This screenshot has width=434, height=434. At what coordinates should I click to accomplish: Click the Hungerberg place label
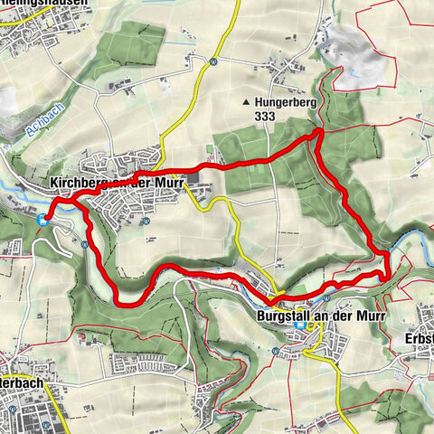pos(285,102)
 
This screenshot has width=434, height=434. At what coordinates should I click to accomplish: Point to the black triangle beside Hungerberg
pos(245,102)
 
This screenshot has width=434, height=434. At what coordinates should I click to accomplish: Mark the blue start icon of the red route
pos(40,218)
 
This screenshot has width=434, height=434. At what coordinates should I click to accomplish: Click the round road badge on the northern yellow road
pos(212,61)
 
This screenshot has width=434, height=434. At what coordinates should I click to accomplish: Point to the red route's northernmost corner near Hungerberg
pos(318,134)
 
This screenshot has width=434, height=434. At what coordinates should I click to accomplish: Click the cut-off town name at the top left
pos(45,4)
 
